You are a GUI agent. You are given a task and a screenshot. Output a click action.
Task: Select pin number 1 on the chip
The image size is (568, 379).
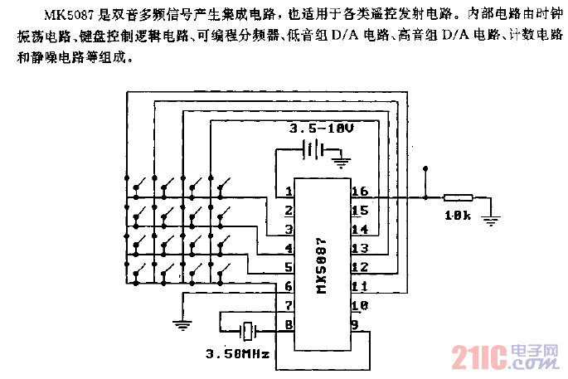[287, 192]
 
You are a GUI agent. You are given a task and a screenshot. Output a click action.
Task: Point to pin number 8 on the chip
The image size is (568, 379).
[288, 325]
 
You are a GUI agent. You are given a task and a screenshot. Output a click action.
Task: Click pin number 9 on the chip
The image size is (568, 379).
[355, 325]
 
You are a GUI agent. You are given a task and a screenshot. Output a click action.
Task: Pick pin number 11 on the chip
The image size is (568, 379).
[359, 286]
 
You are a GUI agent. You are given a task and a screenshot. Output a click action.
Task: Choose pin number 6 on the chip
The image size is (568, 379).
[288, 286]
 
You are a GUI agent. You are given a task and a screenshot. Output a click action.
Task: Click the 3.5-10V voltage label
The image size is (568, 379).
[320, 130]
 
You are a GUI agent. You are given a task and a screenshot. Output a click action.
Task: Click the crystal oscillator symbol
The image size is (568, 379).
[248, 331]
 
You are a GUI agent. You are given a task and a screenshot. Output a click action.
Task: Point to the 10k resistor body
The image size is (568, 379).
[458, 198]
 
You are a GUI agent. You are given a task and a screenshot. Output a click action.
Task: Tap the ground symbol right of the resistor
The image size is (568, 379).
[490, 220]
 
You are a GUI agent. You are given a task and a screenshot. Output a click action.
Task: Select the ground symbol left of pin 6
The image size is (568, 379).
[180, 324]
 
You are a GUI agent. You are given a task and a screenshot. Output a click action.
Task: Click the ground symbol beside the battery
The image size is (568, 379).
[339, 156]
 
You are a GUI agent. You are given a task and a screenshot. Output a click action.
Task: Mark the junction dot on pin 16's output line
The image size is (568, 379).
[425, 198]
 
